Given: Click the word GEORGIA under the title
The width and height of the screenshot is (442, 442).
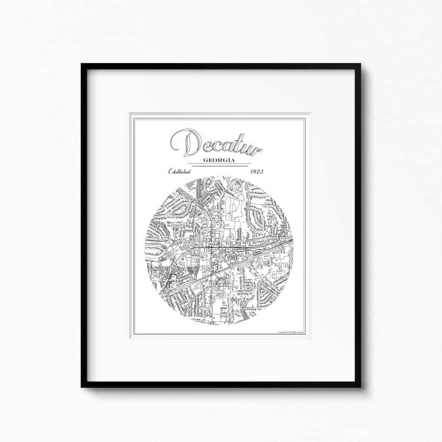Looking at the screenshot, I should pos(219,160).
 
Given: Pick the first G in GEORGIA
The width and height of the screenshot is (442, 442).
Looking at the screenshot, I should pos(206,160).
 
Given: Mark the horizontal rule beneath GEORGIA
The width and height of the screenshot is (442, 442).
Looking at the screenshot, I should pos(219,165).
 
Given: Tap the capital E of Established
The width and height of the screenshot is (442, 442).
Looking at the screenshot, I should pos(171,171).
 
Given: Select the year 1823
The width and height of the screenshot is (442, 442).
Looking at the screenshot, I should pos(257,171).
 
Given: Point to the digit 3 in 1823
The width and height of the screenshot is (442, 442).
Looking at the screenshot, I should pos(262,171).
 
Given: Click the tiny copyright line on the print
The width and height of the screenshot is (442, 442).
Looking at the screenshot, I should pos(290,332).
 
